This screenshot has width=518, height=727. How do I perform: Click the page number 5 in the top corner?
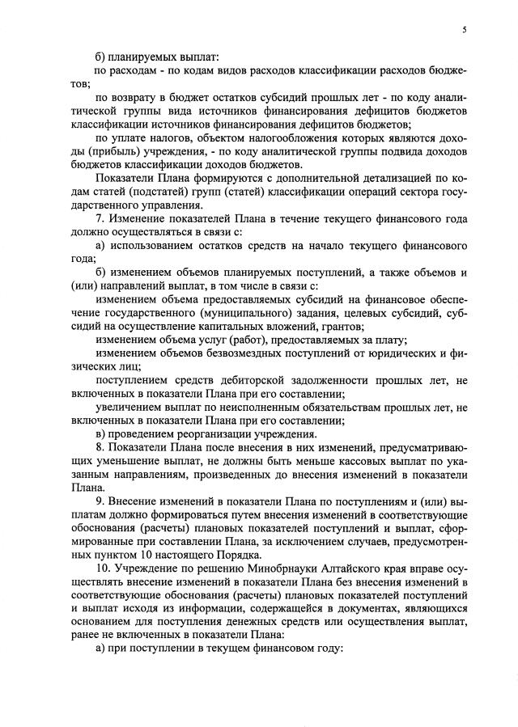click(465, 30)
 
